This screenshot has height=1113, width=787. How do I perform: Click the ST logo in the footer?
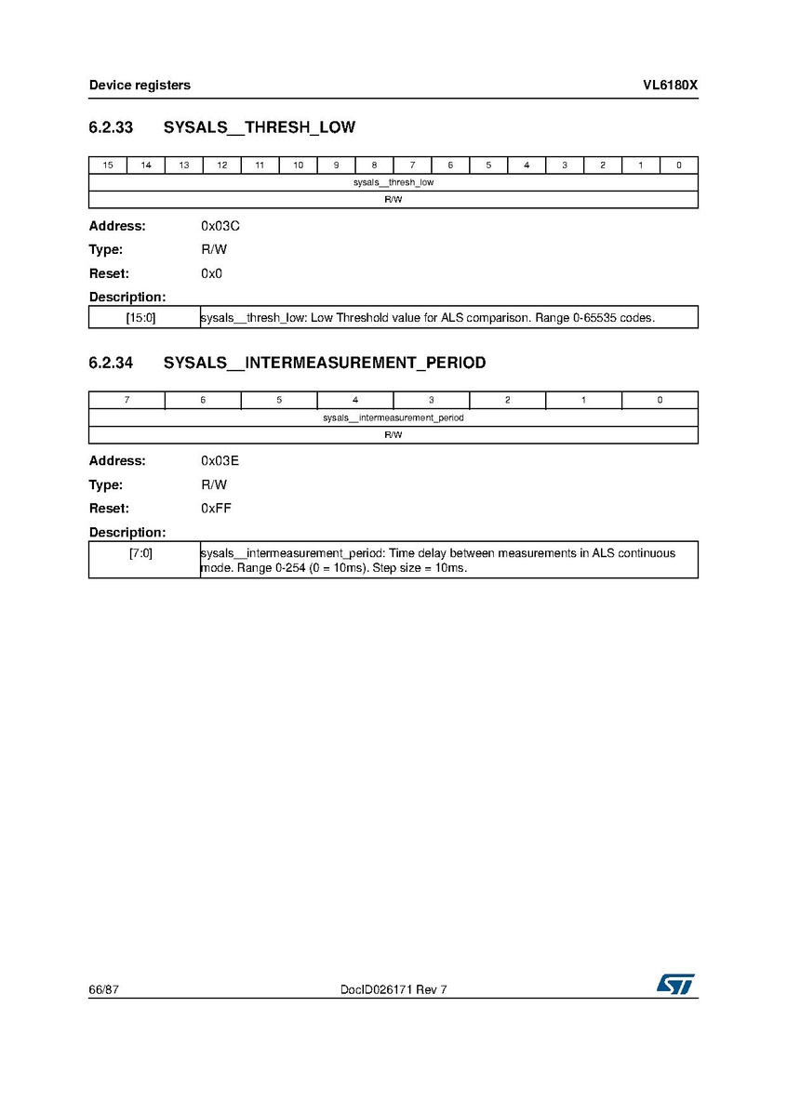click(676, 984)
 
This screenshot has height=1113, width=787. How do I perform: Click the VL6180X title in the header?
click(670, 86)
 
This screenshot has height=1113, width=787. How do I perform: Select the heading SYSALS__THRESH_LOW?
click(260, 127)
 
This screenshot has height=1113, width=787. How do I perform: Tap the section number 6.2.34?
click(111, 363)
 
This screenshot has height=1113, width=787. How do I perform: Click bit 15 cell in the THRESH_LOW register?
click(108, 166)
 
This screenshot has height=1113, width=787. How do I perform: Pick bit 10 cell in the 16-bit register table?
click(298, 166)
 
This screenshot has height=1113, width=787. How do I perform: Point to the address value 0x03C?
click(220, 226)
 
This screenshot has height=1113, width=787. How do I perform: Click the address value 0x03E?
click(220, 461)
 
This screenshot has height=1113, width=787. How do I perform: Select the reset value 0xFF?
click(216, 509)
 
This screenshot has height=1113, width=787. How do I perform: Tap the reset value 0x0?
click(211, 273)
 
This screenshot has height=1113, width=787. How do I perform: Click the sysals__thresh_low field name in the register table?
click(393, 183)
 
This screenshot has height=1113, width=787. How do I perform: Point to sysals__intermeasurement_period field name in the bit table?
click(393, 418)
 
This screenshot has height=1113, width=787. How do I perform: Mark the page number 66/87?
click(104, 990)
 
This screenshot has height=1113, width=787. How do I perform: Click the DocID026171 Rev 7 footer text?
click(394, 990)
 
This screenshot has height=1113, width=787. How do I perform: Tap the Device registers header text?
click(140, 86)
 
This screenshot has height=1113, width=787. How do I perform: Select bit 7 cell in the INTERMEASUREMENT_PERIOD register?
click(127, 401)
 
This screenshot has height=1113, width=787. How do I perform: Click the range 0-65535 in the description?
click(593, 318)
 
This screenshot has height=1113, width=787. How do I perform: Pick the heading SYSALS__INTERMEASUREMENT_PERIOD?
click(325, 363)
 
